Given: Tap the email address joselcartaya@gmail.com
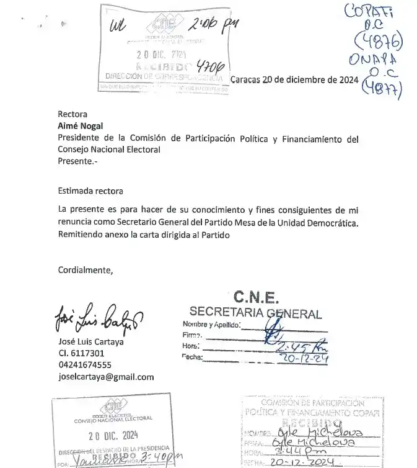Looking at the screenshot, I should point(105,377).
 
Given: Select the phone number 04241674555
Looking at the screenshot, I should point(84,365).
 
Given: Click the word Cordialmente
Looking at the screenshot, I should point(86,270).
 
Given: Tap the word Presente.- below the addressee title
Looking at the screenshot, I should point(77,160).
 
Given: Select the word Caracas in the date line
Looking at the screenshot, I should point(245,79).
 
